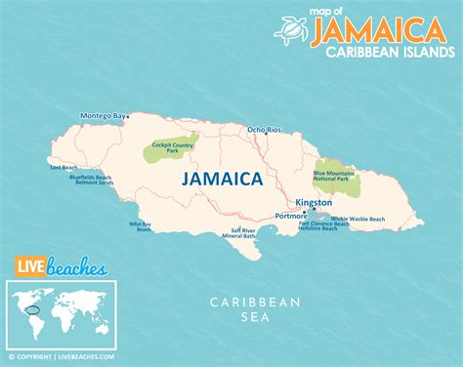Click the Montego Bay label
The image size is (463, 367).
(x=104, y=116)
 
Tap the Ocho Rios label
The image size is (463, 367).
(x=264, y=130)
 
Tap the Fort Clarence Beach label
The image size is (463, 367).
(x=322, y=223)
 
